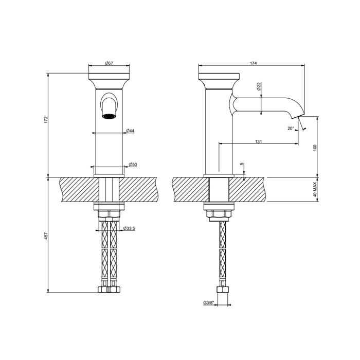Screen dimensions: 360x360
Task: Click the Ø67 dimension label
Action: click(x=109, y=63)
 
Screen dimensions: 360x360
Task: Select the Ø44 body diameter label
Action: click(x=131, y=131)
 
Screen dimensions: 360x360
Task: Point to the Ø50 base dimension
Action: click(x=132, y=164)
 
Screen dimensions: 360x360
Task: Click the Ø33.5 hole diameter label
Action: click(x=129, y=228)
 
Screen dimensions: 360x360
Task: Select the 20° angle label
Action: click(x=291, y=128)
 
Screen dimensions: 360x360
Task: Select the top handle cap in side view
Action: click(x=218, y=80)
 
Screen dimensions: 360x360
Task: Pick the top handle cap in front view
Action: click(x=109, y=80)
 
